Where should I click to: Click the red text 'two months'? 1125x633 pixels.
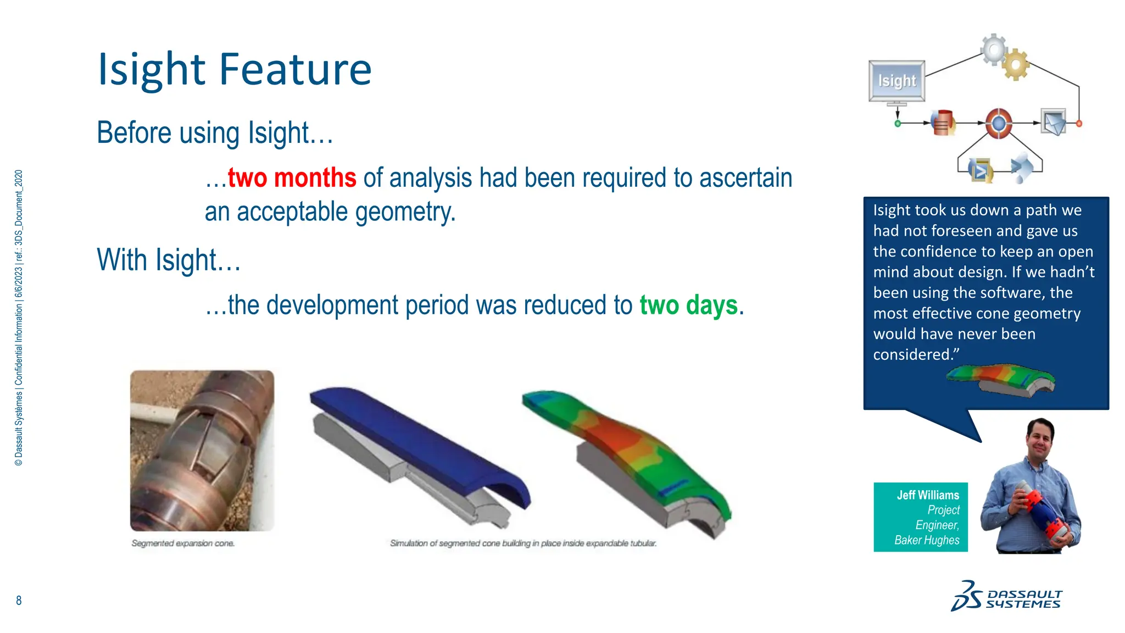292,178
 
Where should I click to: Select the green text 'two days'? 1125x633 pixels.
688,305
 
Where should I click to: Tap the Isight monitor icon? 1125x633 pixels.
896,81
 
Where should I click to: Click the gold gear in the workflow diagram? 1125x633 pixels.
1015,64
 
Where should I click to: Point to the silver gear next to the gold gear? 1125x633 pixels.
994,50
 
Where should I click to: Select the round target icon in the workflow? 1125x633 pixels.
998,123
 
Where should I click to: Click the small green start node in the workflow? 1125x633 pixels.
898,124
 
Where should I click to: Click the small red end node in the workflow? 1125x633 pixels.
1079,124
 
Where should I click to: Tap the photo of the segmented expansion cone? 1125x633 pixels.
202,451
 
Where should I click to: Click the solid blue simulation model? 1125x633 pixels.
417,440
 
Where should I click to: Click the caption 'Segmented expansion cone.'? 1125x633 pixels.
183,543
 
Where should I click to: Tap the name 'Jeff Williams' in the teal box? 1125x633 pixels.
928,495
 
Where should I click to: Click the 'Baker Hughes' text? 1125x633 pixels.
927,540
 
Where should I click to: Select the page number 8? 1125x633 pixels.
19,601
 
